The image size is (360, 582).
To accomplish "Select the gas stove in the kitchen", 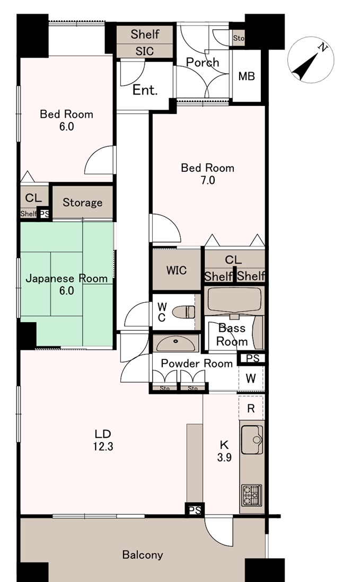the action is [x=252, y=496].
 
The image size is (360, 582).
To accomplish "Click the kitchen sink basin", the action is [x=252, y=440].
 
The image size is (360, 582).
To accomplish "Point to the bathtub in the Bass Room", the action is [x=234, y=301].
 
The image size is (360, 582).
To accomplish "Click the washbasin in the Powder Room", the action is [x=175, y=343].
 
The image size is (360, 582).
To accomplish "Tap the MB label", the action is [x=247, y=76].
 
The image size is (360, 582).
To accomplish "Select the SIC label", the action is [x=145, y=51].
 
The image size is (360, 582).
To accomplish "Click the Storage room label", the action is [x=82, y=202].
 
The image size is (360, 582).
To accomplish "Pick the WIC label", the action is [x=176, y=270].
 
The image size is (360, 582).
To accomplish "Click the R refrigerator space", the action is [x=251, y=409].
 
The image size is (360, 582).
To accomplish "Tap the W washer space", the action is [x=251, y=378].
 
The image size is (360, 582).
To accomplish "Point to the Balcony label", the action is [x=143, y=555].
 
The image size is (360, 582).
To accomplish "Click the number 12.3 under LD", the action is [x=103, y=446].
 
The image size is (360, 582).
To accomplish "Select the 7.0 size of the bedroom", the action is [x=207, y=180].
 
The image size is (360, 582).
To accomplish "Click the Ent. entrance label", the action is [x=145, y=90].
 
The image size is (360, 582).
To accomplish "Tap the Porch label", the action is [x=203, y=62].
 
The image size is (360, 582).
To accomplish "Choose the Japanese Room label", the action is [x=66, y=278].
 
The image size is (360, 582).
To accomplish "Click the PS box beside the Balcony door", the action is [x=195, y=510].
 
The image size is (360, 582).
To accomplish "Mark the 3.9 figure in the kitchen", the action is [x=224, y=457].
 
